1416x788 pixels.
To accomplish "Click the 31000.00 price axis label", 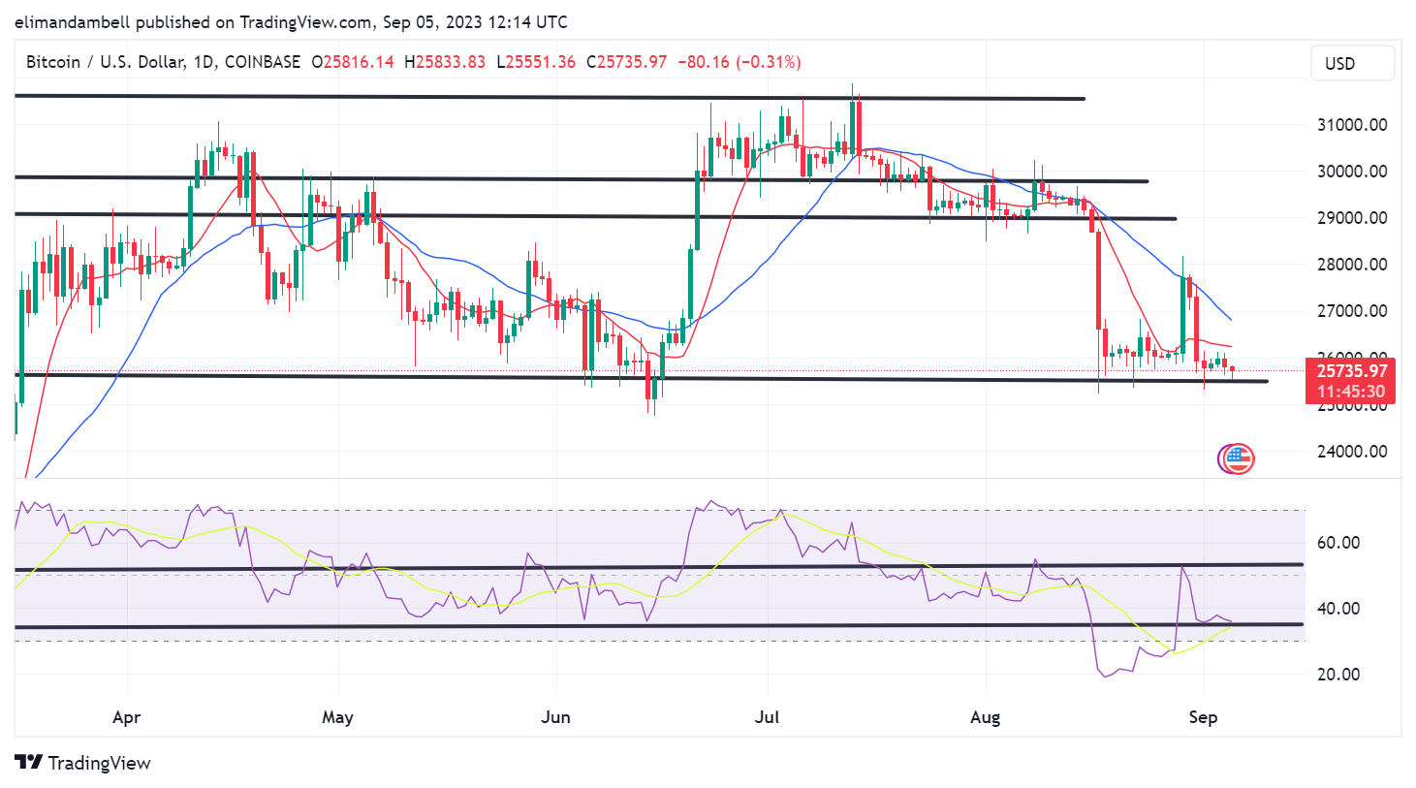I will tap(1351, 124).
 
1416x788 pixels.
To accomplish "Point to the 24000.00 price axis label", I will tap(1351, 451).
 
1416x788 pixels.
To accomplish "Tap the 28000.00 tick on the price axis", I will tap(1351, 264).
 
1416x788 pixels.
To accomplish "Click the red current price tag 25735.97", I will tap(1352, 370).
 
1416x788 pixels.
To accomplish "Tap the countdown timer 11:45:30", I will tap(1352, 392).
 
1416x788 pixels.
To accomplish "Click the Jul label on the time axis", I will tap(767, 717).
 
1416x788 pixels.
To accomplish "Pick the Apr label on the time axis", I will tap(126, 717).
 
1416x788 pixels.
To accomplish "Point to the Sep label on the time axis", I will tap(1203, 717).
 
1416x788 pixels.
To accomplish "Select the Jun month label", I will tap(555, 717).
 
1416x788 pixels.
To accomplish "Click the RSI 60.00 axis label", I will tap(1337, 542).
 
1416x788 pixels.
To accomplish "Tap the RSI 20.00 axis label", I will tap(1337, 674).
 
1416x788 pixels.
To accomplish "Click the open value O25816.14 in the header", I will tap(353, 62).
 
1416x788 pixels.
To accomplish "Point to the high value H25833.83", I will tap(445, 62).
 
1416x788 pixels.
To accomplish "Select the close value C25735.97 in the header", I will tap(627, 62).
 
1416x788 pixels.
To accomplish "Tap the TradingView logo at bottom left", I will tap(83, 763).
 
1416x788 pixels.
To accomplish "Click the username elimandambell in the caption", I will tap(73, 21).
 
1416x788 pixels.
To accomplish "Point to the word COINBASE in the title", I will tap(263, 62).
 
